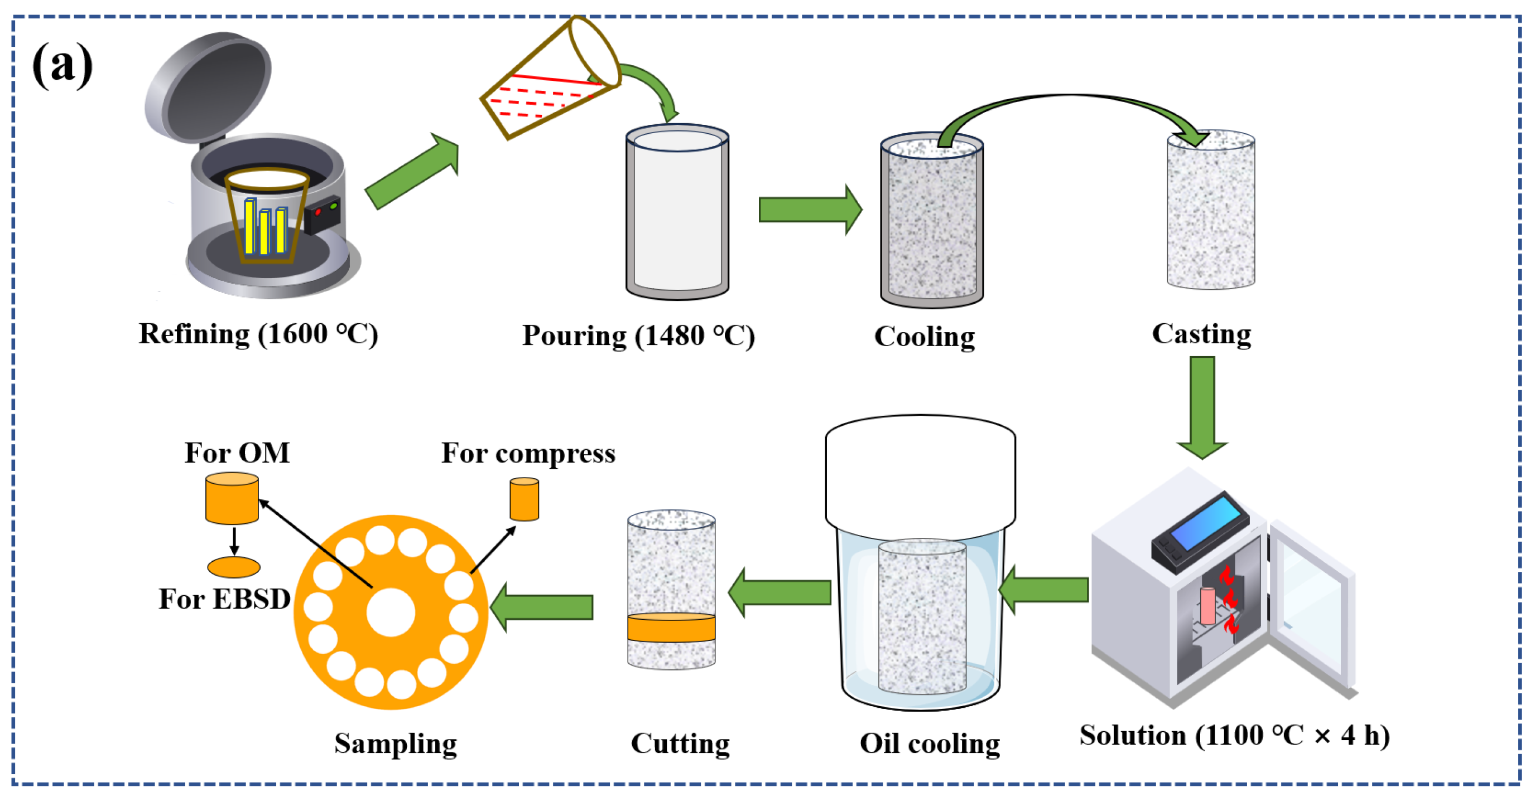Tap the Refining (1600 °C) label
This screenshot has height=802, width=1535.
pyautogui.click(x=258, y=334)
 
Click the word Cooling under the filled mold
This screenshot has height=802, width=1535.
pyautogui.click(x=924, y=337)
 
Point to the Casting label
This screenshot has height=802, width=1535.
pyautogui.click(x=1201, y=334)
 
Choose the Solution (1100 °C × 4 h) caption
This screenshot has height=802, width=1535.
pyautogui.click(x=1234, y=736)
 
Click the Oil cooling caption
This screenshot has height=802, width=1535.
pyautogui.click(x=930, y=743)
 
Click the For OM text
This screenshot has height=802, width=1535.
pyautogui.click(x=237, y=453)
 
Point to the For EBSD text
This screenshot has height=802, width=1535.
pyautogui.click(x=225, y=599)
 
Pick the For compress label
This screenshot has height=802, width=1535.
pyautogui.click(x=528, y=454)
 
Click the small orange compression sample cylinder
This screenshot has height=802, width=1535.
pyautogui.click(x=525, y=499)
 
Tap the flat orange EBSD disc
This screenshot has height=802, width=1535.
pyautogui.click(x=234, y=567)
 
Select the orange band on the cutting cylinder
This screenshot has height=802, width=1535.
pyautogui.click(x=671, y=628)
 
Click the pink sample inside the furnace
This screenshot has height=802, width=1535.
pyautogui.click(x=1207, y=606)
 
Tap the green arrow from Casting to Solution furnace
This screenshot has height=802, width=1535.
pyautogui.click(x=1202, y=408)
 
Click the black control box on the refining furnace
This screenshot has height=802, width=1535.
pyautogui.click(x=323, y=215)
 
